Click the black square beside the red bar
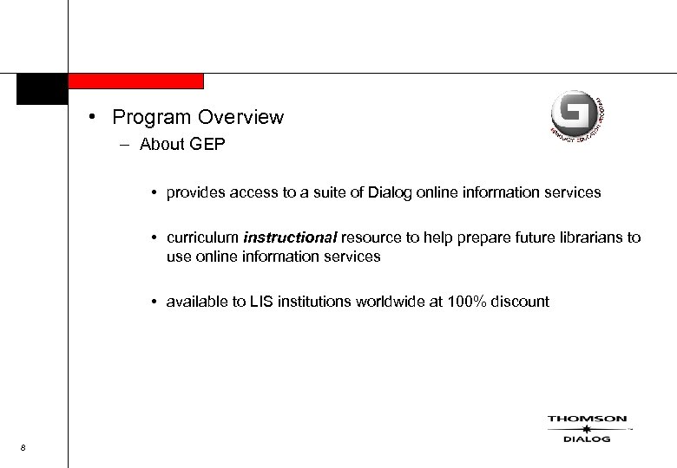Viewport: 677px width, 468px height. click(x=42, y=88)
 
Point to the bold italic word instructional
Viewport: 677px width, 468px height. click(x=291, y=238)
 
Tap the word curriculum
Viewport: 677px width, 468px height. click(x=204, y=238)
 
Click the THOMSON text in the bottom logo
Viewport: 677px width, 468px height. click(x=587, y=419)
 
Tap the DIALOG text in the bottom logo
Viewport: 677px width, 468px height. click(x=587, y=439)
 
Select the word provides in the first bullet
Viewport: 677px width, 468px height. click(x=197, y=192)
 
